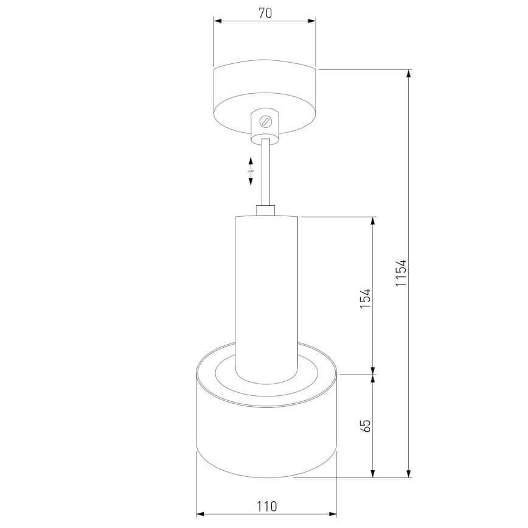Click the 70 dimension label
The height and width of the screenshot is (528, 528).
(x=265, y=13)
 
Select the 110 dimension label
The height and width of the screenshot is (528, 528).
(x=266, y=506)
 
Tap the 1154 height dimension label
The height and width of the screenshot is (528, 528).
(x=401, y=273)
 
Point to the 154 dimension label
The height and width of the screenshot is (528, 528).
(x=365, y=298)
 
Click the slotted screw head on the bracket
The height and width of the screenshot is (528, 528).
(x=265, y=121)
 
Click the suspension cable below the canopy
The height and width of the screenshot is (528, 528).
(x=266, y=172)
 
